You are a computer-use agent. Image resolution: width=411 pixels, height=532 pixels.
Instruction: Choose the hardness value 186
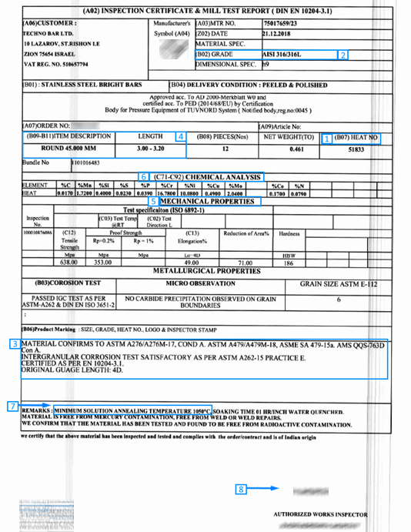[289, 263]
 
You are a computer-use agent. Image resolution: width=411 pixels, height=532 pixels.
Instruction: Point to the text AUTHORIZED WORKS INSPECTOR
[320, 514]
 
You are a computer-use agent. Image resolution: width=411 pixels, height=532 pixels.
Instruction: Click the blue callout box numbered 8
[242, 487]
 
